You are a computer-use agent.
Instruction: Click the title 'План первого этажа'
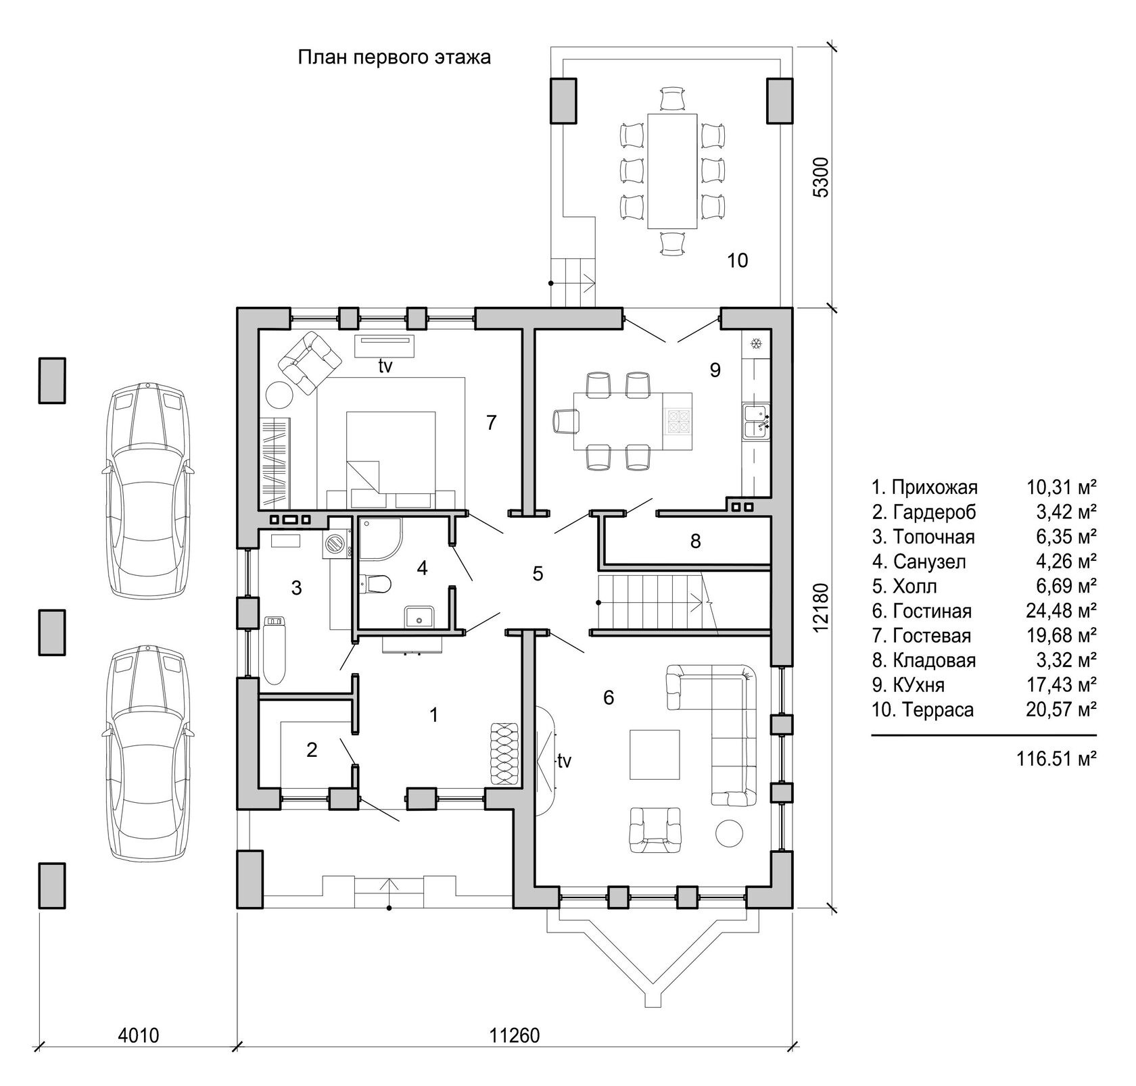(394, 57)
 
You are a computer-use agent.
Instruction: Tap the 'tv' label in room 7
(385, 366)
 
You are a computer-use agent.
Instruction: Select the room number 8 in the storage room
(695, 541)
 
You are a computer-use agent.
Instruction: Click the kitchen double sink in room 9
(757, 422)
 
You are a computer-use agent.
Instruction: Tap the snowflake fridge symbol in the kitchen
(755, 344)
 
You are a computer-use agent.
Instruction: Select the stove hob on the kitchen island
(678, 422)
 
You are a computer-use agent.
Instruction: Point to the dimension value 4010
(139, 1035)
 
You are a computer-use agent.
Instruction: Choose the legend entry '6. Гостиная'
(922, 611)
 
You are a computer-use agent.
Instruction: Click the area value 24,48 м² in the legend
(1058, 611)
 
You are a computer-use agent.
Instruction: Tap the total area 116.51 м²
(1056, 759)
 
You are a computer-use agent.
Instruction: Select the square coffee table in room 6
(655, 754)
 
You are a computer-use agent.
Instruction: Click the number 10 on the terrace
(738, 260)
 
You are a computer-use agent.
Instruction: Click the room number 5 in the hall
(538, 574)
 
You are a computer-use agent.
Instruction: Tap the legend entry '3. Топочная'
(923, 537)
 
